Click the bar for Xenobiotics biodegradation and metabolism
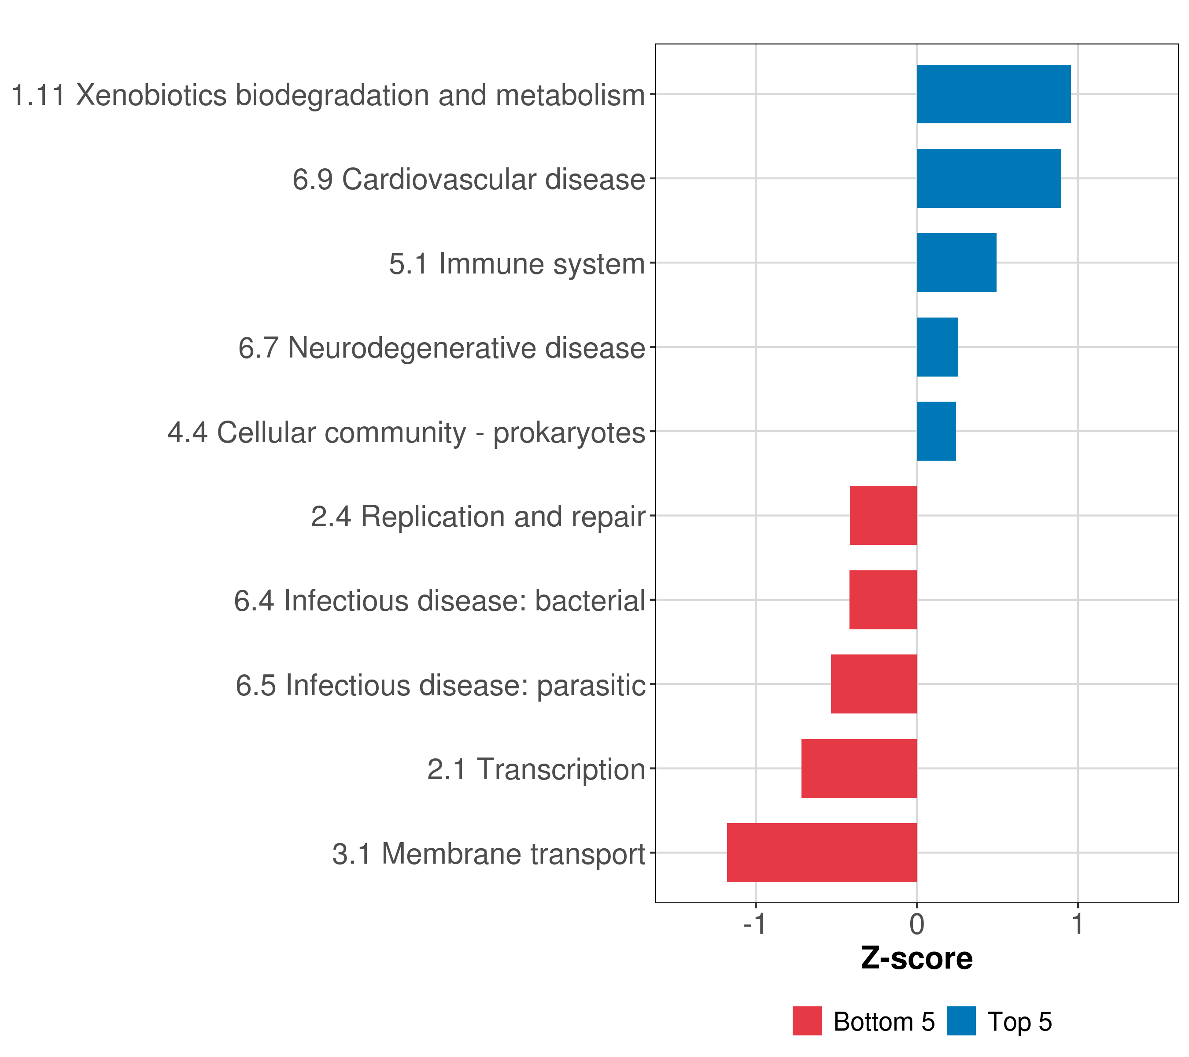coord(993,94)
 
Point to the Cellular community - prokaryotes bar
coord(936,431)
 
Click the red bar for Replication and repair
coord(883,515)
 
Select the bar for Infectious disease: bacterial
coord(883,600)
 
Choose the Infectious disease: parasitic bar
coord(873,684)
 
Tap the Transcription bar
coord(859,769)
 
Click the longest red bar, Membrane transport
coord(821,853)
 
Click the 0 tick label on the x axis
coord(917,925)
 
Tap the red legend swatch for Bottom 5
coord(807,1021)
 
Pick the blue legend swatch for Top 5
coord(961,1021)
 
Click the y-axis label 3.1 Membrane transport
coord(489,854)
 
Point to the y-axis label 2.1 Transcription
coord(536,769)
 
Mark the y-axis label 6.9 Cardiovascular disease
coord(469,180)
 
